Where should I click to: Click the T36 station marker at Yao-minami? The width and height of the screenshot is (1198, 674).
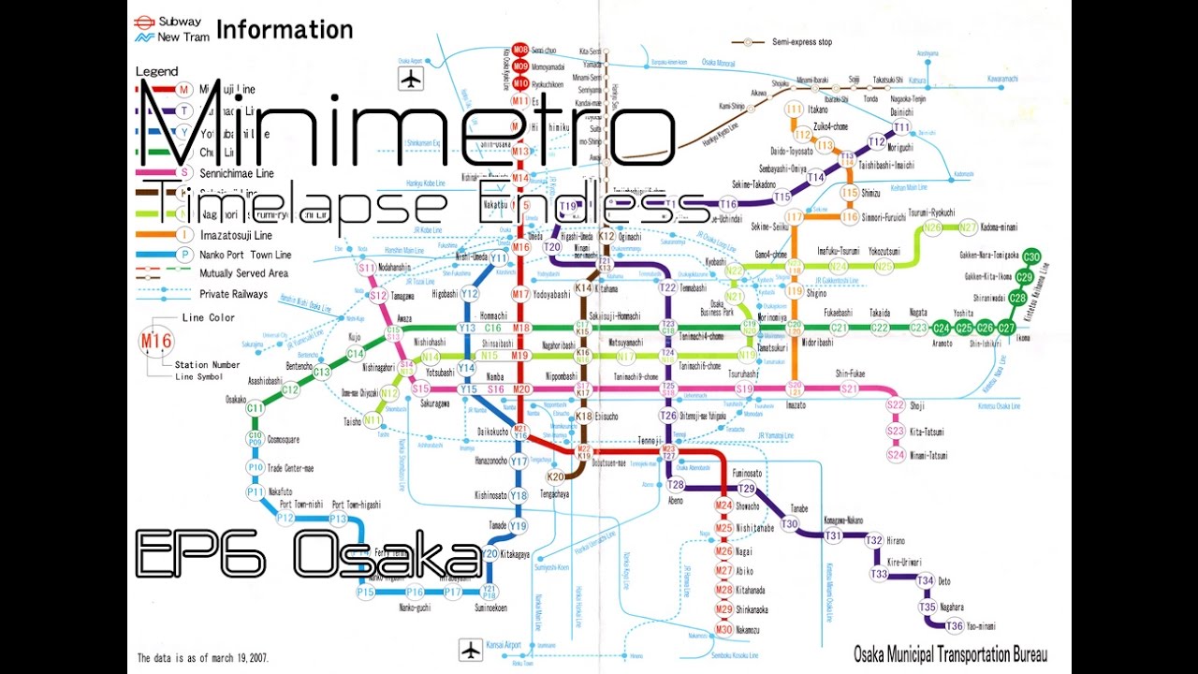coord(954,626)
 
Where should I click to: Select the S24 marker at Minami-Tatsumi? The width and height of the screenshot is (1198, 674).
coord(896,455)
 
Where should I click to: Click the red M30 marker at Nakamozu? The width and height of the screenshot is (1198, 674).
coord(723,629)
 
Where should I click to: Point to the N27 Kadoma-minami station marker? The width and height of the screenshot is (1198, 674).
coord(968,227)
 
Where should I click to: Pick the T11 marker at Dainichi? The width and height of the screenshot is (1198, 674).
coord(901,127)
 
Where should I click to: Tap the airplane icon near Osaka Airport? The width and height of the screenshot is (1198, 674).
coord(410,79)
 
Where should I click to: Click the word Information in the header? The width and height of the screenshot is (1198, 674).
coord(285,30)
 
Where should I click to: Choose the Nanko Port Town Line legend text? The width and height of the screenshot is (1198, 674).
coord(245,255)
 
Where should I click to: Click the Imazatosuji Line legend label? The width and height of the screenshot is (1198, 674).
coord(236,235)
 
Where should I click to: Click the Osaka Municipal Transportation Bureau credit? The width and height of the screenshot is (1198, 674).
coord(949,653)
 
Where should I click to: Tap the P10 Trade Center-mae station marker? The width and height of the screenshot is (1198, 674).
coord(256,467)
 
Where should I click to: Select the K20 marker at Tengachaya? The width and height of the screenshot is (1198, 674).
coord(555,476)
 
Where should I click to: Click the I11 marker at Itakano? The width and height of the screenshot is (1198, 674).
coord(794,110)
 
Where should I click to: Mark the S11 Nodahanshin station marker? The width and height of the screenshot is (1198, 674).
coord(366,269)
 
